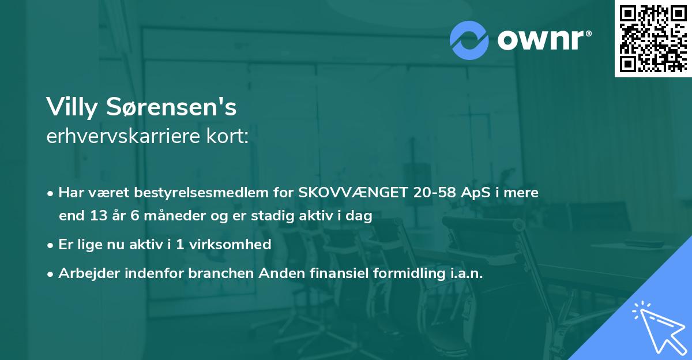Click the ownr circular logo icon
(469, 40)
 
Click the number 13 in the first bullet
(95, 216)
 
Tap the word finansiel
(313, 273)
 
